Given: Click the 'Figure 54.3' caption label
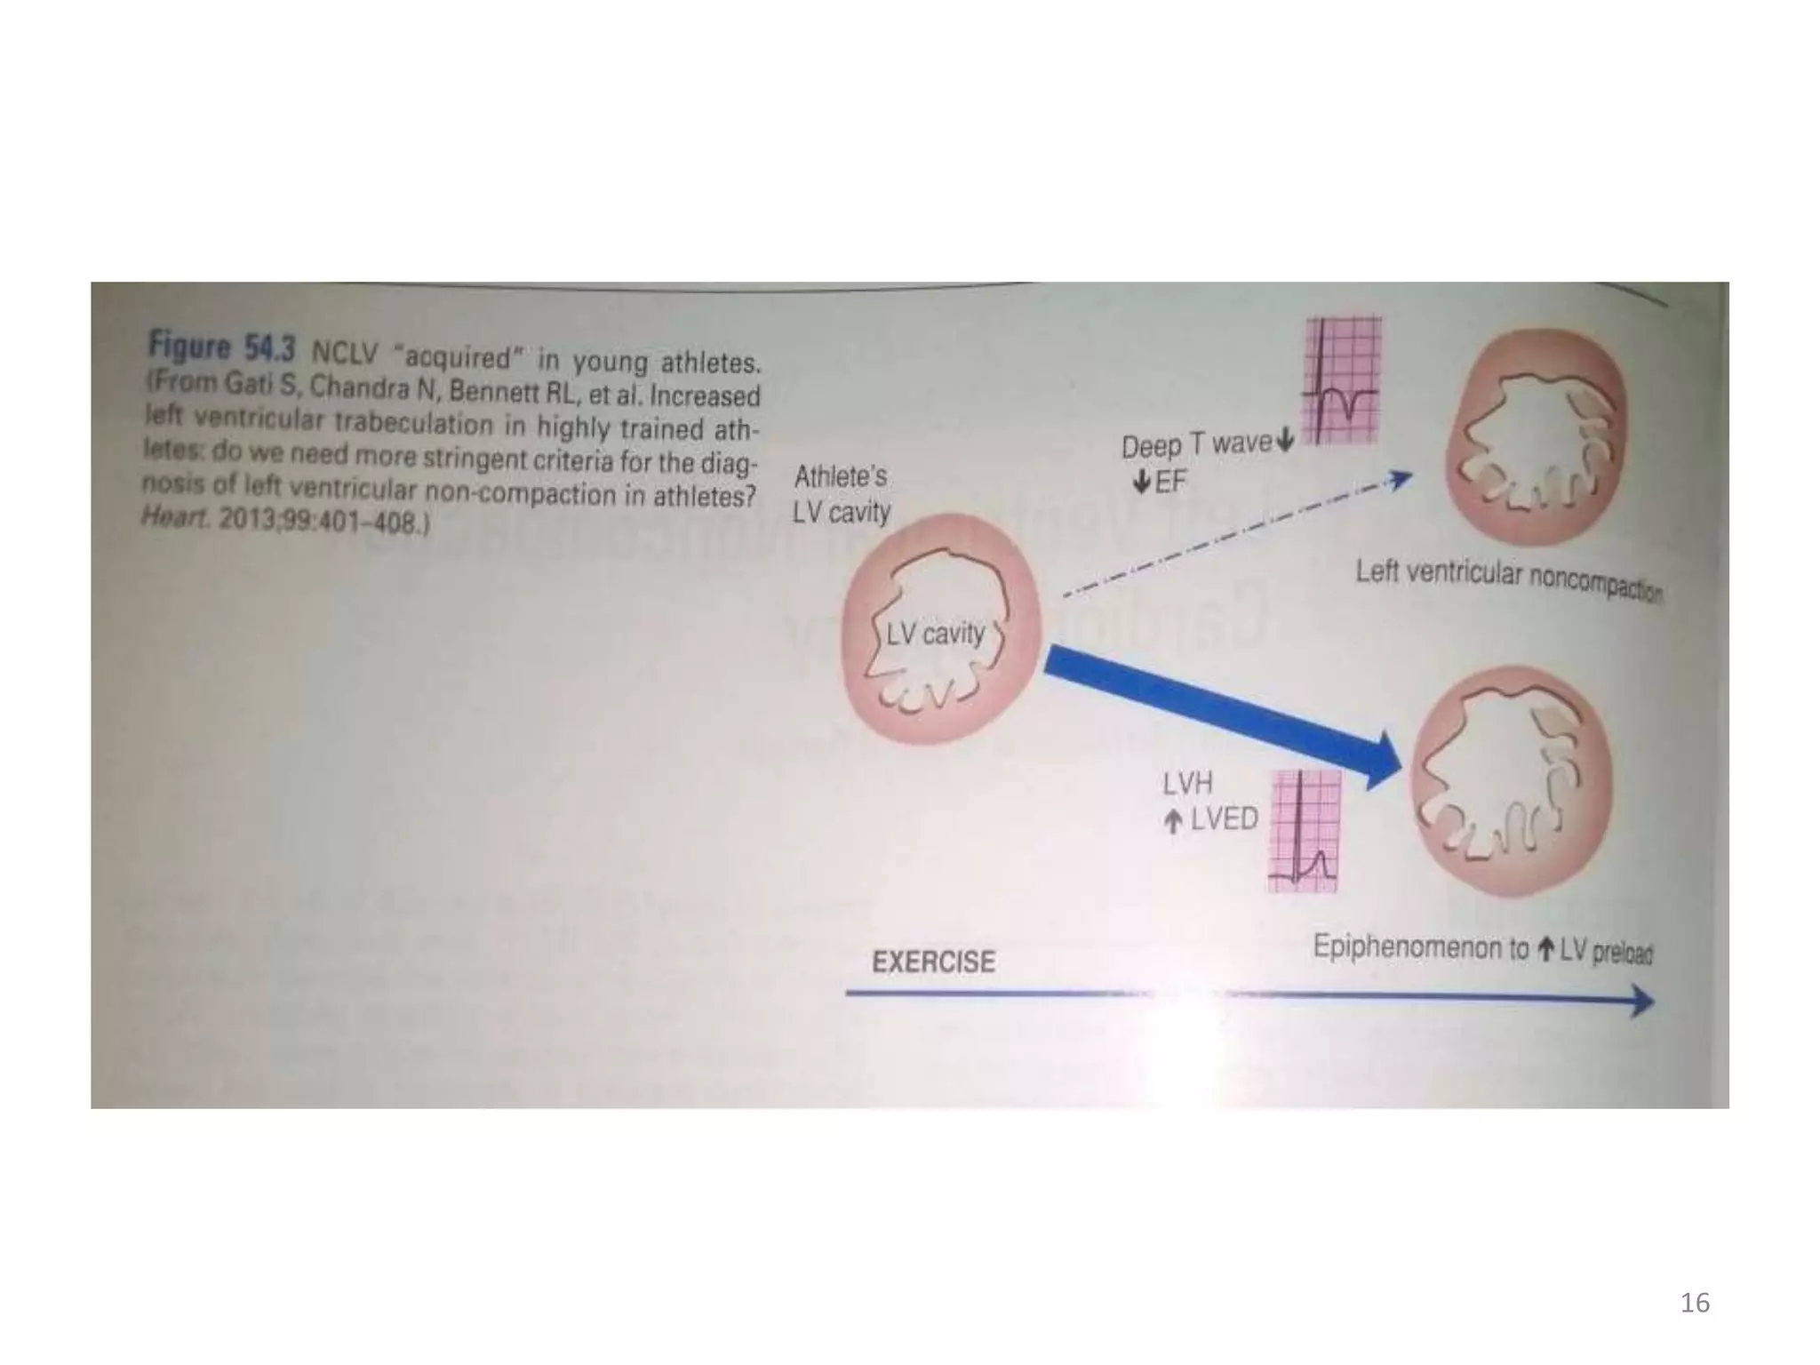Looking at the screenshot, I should (221, 347).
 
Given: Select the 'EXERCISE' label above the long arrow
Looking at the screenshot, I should (933, 962).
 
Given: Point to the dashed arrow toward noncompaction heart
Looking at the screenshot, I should (1235, 537).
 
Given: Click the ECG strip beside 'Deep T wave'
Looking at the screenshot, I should (1341, 380).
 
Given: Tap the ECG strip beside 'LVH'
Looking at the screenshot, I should (1305, 831).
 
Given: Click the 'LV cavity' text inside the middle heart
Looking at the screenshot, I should (935, 634).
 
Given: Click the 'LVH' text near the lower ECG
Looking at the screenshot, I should (1187, 784).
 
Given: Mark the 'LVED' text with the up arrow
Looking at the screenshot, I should (1223, 818).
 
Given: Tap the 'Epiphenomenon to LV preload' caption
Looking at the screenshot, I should (1482, 949).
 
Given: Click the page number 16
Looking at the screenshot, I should (1695, 1303).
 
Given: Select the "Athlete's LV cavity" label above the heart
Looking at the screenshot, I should (841, 494).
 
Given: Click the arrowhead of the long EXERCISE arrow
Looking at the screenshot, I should (1642, 1002).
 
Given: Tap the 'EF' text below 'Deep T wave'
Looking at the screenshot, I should (1169, 482).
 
